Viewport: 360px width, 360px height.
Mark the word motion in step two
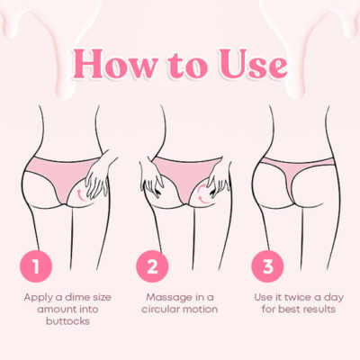click(201, 310)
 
